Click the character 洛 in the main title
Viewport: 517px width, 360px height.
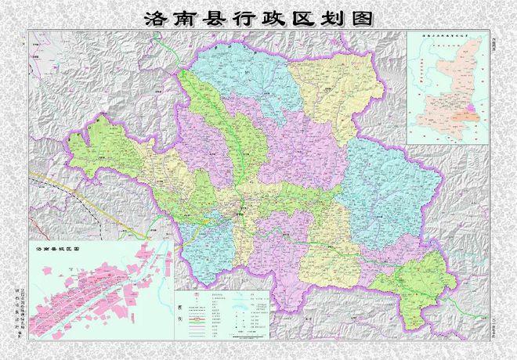tap(154, 18)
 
